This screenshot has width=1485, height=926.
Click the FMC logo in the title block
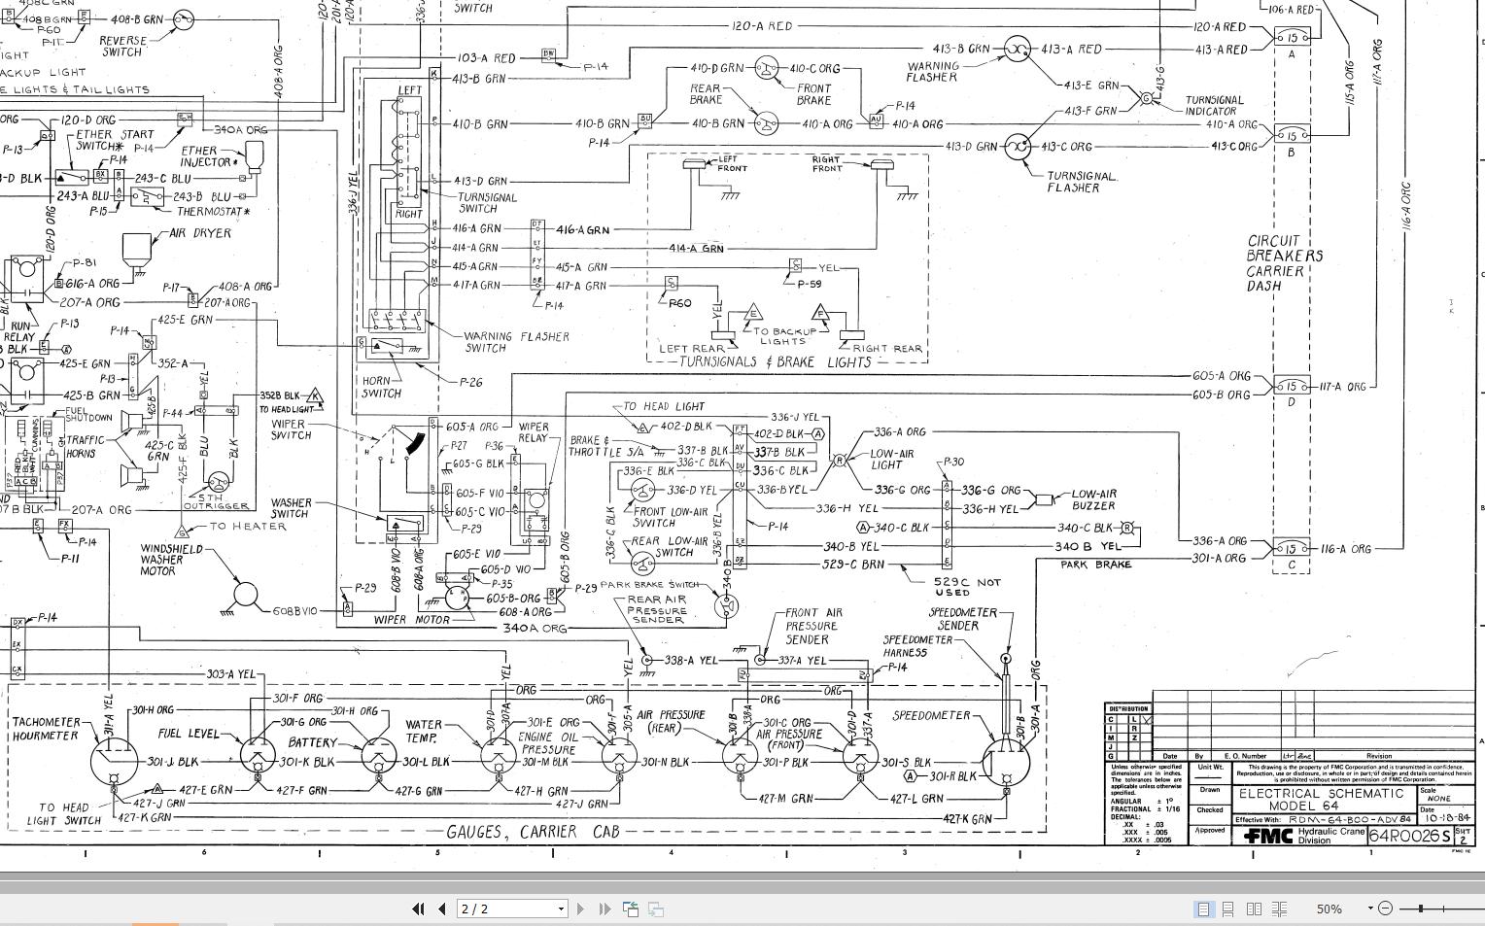[1268, 836]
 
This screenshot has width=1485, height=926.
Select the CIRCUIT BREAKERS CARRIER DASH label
[1285, 263]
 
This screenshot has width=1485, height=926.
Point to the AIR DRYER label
[200, 233]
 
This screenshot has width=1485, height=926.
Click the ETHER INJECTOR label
[199, 156]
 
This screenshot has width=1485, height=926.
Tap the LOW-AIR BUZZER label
[1093, 499]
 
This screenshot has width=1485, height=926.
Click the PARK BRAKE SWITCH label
[649, 585]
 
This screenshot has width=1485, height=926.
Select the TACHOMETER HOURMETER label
[46, 729]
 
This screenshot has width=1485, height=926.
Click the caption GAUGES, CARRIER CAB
[533, 832]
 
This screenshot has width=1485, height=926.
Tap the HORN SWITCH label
[381, 387]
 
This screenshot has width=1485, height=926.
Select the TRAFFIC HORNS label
[86, 446]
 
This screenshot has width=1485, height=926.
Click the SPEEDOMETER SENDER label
[962, 619]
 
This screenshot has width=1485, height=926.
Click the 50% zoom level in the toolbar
[1329, 909]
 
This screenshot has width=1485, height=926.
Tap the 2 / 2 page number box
[512, 909]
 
